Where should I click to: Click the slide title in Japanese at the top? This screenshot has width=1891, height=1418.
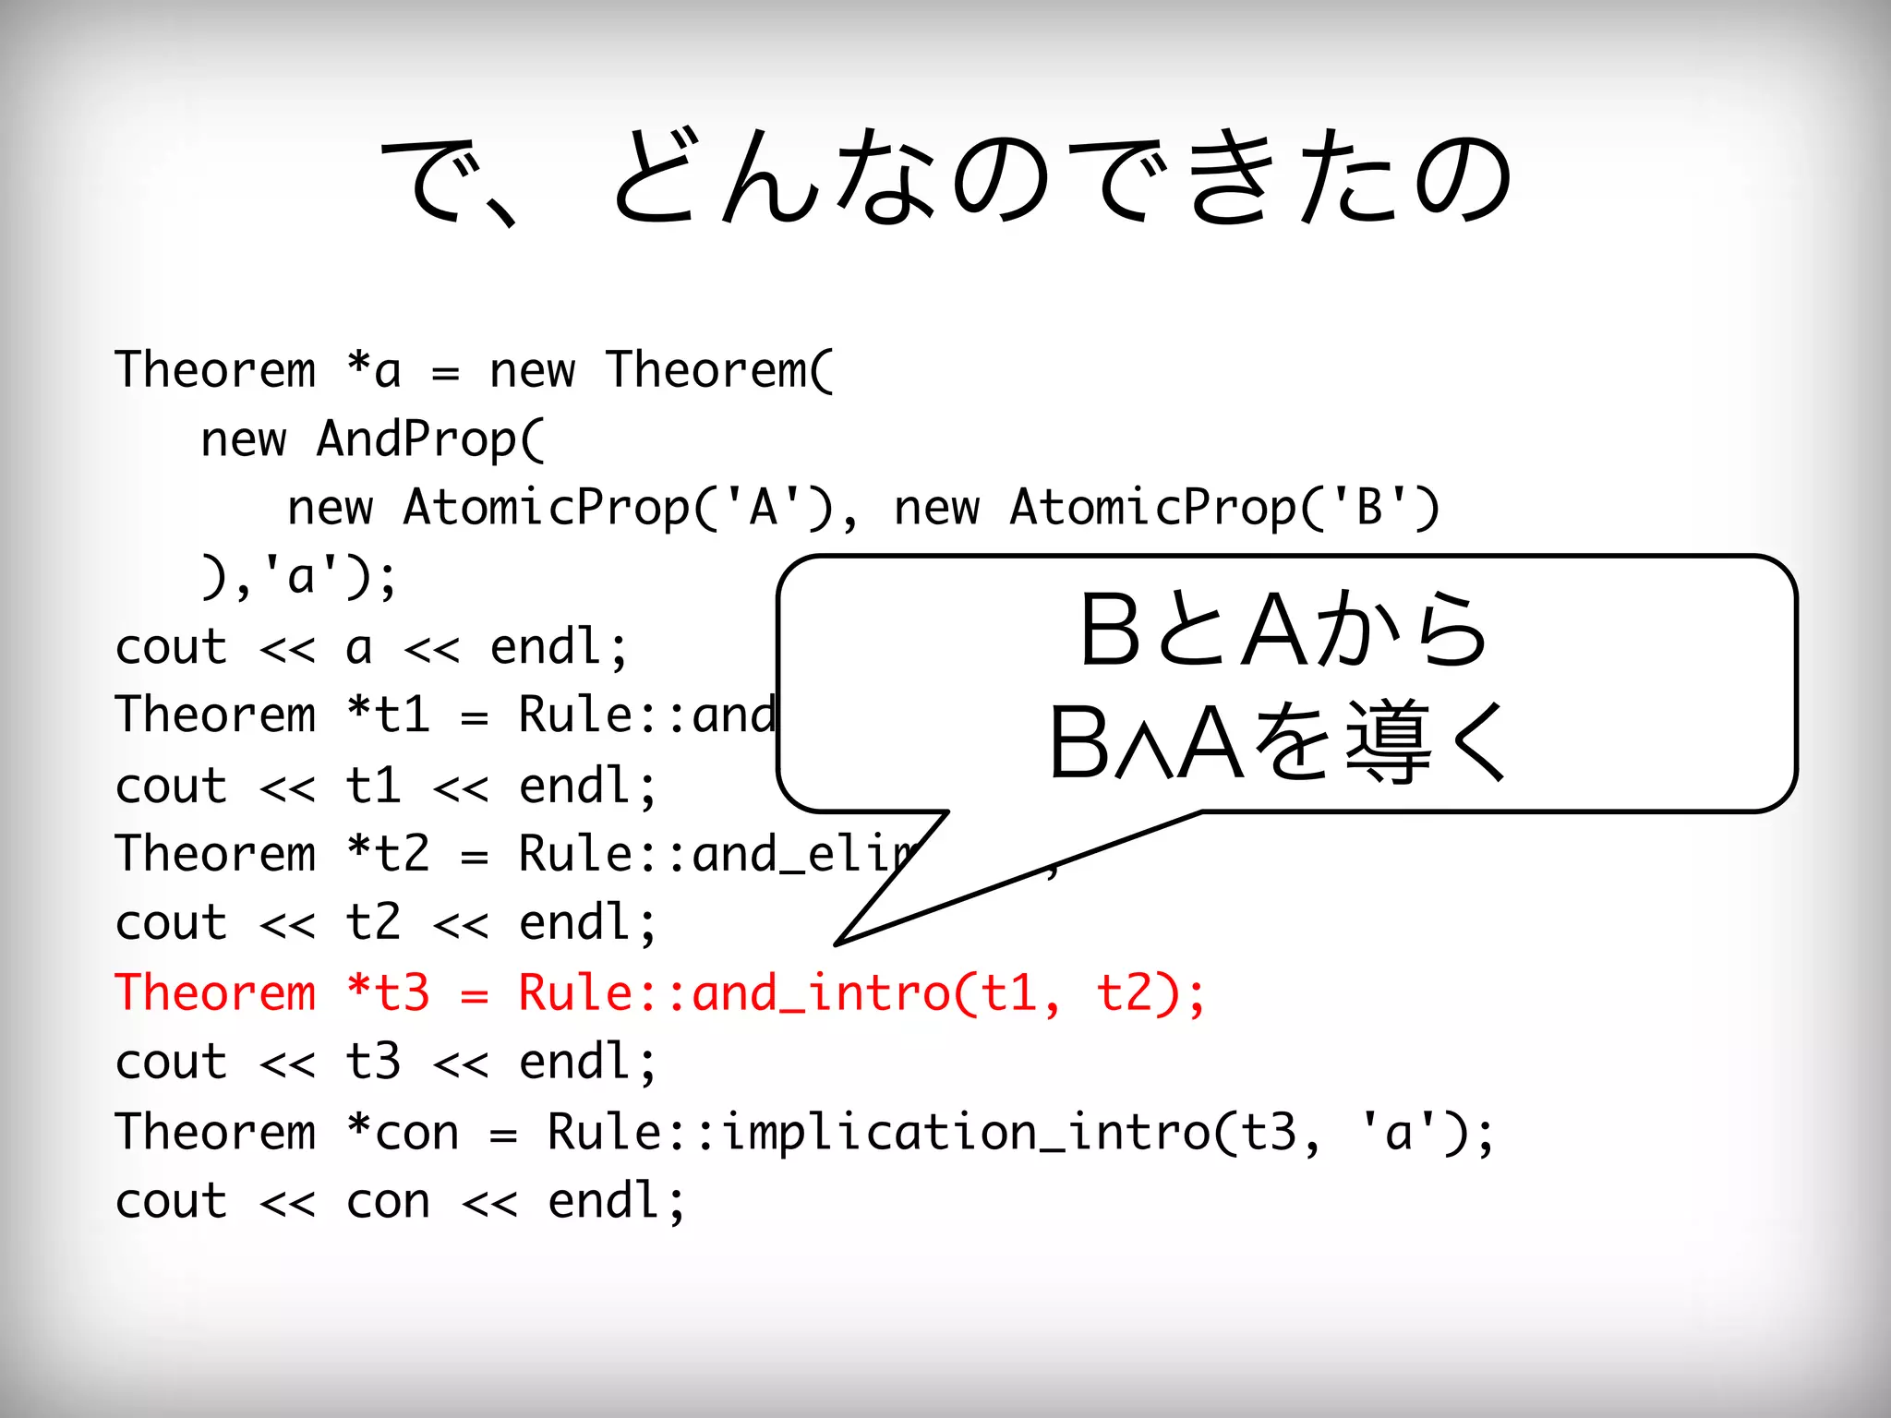point(945,177)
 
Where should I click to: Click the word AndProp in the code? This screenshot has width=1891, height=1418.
point(429,439)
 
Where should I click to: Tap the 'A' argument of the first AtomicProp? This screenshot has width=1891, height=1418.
point(763,507)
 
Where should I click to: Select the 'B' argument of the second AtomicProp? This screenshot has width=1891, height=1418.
point(1369,507)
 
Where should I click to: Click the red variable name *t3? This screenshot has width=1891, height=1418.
point(388,993)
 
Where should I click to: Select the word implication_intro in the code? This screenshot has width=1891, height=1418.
point(965,1133)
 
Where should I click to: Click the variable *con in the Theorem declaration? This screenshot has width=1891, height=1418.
point(403,1133)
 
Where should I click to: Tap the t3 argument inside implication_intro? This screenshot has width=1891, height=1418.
point(1268,1133)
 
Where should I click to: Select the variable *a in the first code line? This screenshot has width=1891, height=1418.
point(373,370)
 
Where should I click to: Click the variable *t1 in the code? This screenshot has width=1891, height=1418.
point(388,715)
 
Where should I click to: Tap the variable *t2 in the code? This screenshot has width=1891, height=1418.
point(388,854)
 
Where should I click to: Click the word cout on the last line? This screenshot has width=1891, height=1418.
point(171,1202)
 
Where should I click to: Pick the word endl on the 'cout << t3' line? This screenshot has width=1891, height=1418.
point(574,1063)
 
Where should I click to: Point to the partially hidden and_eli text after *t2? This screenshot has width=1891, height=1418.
point(803,854)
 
